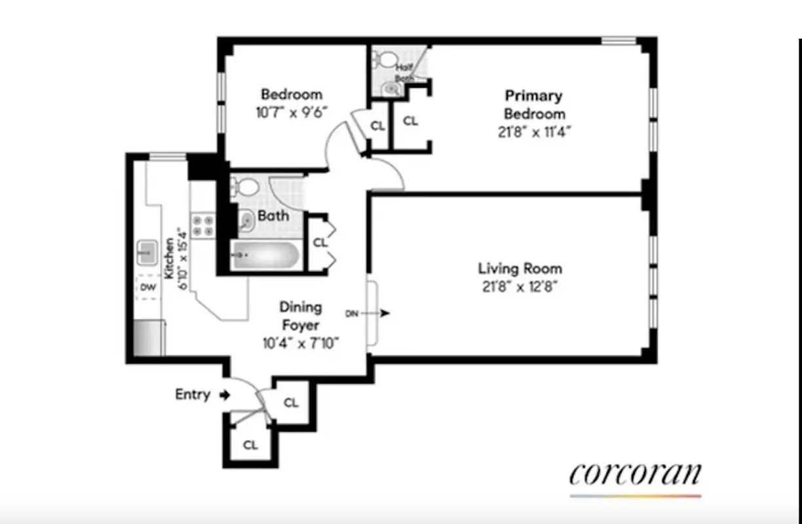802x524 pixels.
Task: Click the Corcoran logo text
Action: tap(635, 474)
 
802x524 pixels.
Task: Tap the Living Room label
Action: tap(520, 269)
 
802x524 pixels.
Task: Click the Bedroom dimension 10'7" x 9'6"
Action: tap(292, 111)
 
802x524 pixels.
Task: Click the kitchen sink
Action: tap(147, 250)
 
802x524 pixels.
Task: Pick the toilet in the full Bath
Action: tap(246, 188)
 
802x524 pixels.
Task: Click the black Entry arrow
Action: tap(224, 395)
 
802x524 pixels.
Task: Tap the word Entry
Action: tap(193, 394)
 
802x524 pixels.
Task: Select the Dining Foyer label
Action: tap(301, 316)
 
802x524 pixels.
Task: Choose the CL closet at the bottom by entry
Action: tap(250, 445)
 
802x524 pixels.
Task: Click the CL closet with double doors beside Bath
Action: tap(319, 242)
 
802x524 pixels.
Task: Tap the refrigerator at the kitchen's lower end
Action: tap(147, 339)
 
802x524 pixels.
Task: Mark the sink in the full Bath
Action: tap(246, 221)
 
